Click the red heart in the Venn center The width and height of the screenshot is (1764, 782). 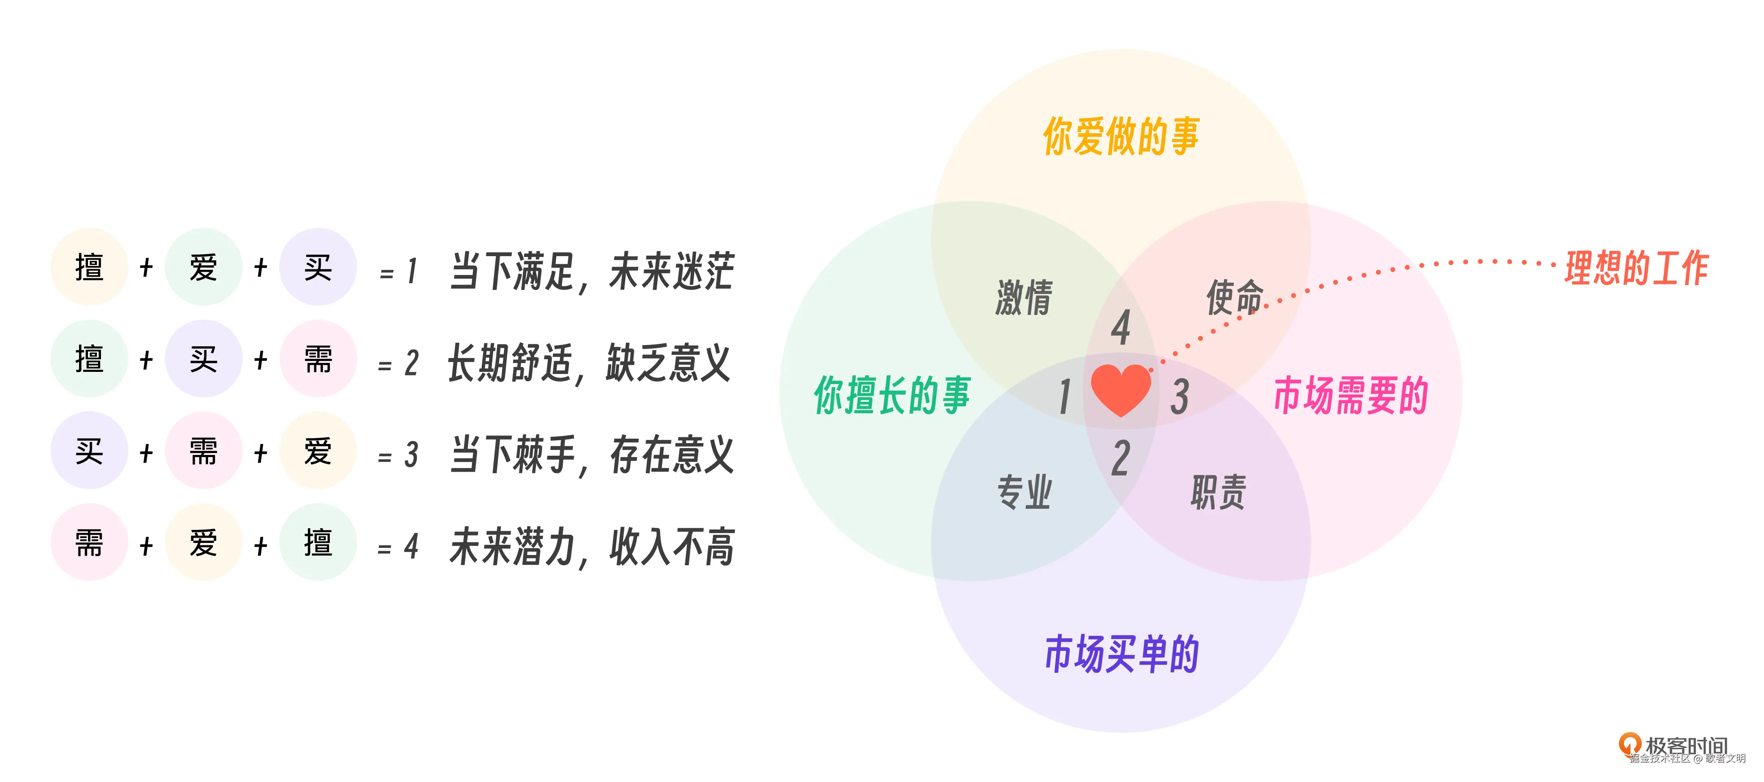point(1120,390)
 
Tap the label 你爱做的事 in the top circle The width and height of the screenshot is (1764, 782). point(1121,136)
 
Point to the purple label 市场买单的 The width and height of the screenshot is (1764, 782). point(1122,654)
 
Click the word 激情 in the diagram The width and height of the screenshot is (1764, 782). point(1024,298)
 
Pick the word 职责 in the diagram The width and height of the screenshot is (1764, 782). point(1218,492)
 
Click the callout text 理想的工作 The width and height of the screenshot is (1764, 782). point(1637,267)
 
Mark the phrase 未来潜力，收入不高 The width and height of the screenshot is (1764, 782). point(592,547)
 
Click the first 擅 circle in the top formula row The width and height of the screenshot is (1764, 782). point(89,267)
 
